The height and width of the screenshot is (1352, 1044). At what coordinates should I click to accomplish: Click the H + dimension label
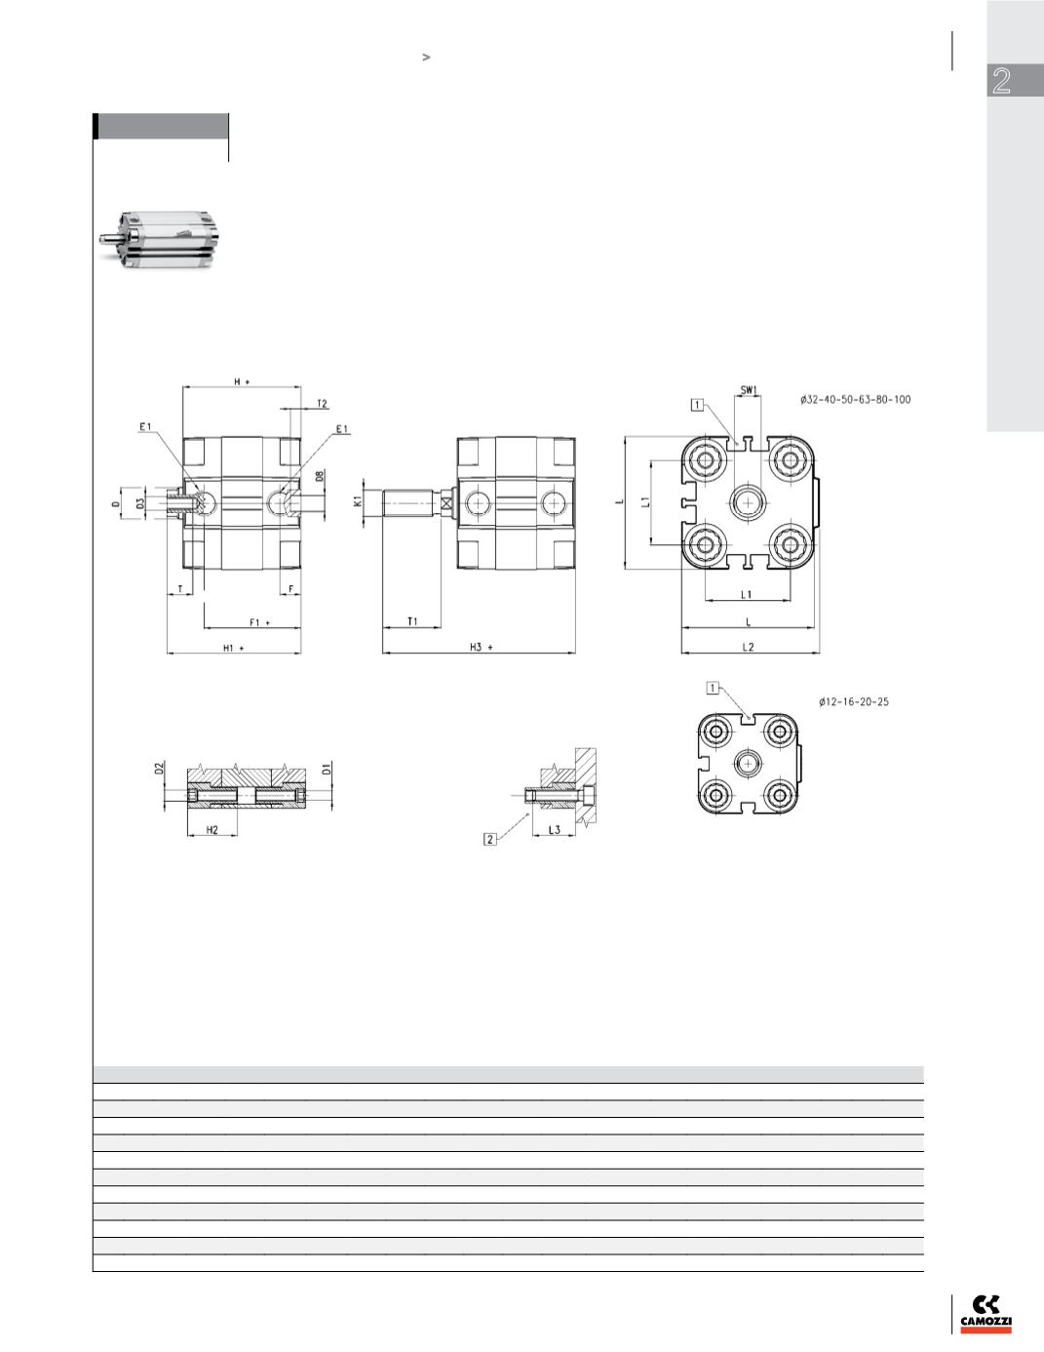[242, 381]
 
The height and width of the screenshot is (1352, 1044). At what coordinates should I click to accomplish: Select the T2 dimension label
[322, 404]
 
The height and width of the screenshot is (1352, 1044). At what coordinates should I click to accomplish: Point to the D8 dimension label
[320, 477]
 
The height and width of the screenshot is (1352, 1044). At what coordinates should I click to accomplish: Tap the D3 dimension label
[140, 502]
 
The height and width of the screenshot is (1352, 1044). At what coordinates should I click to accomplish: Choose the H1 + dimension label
[234, 648]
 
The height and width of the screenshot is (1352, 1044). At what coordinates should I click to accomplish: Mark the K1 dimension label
[357, 500]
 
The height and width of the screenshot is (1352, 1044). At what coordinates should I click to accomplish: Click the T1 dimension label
[412, 621]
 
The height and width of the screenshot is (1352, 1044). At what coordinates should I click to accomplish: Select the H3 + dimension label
[482, 647]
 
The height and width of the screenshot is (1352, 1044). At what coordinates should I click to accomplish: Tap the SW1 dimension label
[749, 390]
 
